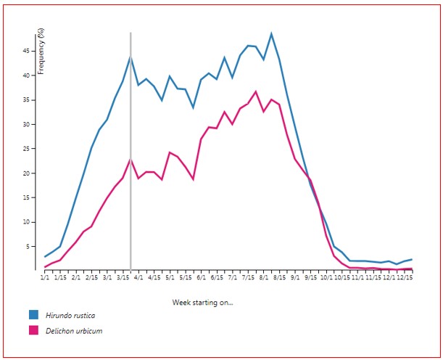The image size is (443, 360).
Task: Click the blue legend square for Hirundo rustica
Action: coord(33,315)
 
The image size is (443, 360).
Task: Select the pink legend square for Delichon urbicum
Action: coord(33,331)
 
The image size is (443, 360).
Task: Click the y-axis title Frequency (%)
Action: coord(41,51)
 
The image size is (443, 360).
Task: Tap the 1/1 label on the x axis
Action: coord(44,277)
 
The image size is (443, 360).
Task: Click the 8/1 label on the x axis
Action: coord(263,277)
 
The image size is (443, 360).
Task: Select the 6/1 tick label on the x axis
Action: coord(201,277)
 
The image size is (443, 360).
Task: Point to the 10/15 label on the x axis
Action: coord(341,277)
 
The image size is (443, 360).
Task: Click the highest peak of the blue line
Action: coord(271,33)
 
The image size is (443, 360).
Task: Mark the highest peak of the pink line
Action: coord(256,91)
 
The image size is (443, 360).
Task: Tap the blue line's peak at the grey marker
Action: coord(131,56)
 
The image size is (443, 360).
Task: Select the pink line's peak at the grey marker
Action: coord(131,159)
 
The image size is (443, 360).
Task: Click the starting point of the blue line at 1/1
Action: coord(45,256)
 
